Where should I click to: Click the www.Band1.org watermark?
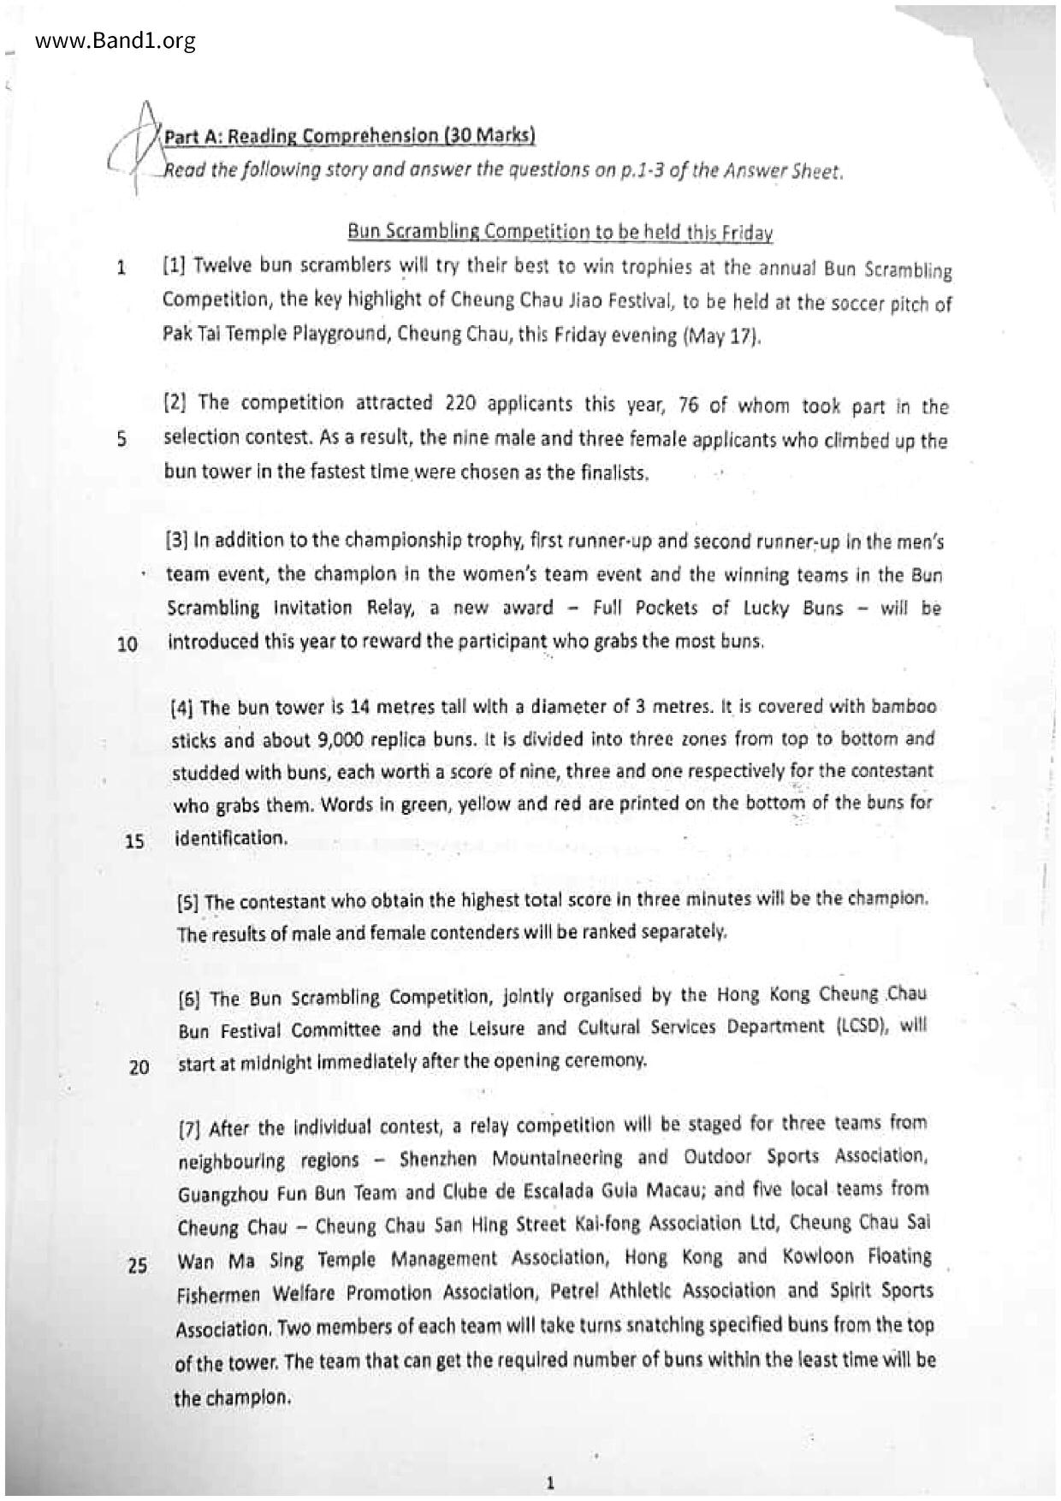pyautogui.click(x=116, y=40)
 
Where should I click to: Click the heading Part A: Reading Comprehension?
pyautogui.click(x=349, y=135)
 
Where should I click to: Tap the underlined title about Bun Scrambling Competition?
pyautogui.click(x=560, y=232)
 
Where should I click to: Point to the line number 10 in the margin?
pyautogui.click(x=127, y=644)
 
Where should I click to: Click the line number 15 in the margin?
pyautogui.click(x=135, y=840)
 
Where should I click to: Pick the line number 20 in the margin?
pyautogui.click(x=139, y=1067)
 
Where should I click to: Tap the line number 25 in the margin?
pyautogui.click(x=138, y=1265)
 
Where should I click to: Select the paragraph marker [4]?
pyautogui.click(x=183, y=708)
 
